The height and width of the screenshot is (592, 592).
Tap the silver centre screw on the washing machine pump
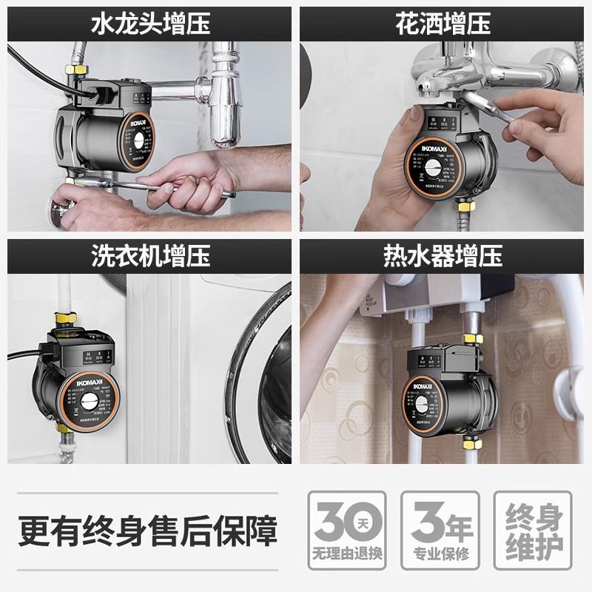click(x=90, y=404)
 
